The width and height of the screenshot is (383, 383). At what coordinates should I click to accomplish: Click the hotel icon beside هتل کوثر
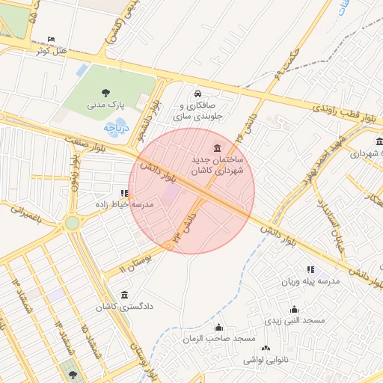[50, 40]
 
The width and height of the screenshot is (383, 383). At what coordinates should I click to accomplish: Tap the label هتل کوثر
[51, 51]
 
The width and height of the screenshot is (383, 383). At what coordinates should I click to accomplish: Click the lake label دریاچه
[117, 128]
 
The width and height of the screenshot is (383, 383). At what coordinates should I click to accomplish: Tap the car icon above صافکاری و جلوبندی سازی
[197, 94]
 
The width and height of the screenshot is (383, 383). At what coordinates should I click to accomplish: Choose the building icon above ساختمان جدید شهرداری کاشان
[217, 147]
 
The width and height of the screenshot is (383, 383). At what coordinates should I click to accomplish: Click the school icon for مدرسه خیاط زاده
[123, 193]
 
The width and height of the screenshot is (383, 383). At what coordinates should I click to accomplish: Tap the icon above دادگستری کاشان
[123, 295]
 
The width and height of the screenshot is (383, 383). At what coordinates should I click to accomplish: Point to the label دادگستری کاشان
[123, 307]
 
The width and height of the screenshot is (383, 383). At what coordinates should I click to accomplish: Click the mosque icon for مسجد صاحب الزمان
[218, 327]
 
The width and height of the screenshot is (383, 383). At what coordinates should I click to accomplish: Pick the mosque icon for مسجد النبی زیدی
[294, 309]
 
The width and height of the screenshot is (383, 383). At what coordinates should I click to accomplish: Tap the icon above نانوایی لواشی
[265, 349]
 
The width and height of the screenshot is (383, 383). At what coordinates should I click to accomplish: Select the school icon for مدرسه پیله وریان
[310, 270]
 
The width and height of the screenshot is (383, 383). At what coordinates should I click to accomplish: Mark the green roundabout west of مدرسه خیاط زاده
[72, 223]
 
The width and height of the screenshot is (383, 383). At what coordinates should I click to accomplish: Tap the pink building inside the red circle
[171, 193]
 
